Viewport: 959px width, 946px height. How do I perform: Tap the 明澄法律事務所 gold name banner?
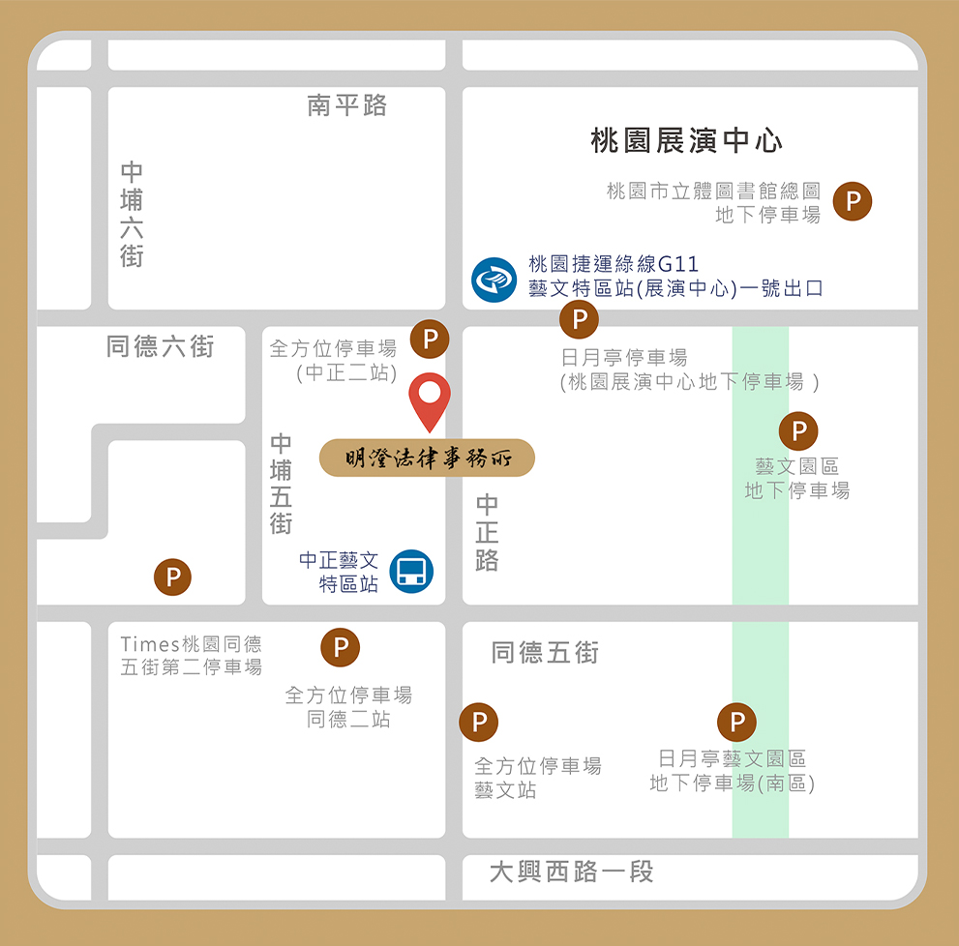point(427,458)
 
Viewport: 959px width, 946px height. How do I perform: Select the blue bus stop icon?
point(411,572)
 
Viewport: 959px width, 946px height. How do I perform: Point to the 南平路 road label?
point(347,105)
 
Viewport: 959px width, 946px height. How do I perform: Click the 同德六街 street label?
point(161,346)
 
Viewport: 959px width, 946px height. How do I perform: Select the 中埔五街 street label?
point(281,484)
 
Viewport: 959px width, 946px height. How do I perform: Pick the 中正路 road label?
point(487,532)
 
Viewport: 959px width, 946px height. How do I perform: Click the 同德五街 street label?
point(546,653)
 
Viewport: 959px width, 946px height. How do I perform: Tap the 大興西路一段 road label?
point(572,872)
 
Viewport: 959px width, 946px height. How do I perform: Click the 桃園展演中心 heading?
point(687,141)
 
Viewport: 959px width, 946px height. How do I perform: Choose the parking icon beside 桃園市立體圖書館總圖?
point(853,201)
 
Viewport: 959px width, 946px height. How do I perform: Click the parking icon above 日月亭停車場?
point(580,318)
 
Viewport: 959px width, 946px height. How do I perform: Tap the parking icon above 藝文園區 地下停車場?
point(798,430)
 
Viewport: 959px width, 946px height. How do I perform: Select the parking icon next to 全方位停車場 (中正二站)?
point(431,340)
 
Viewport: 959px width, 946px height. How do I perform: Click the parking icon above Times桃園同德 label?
point(173,577)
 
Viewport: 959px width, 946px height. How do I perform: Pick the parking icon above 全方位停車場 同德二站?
point(341,647)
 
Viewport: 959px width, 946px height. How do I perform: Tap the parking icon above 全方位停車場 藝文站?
point(478,722)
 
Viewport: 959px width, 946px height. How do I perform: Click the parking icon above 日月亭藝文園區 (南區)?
point(736,722)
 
